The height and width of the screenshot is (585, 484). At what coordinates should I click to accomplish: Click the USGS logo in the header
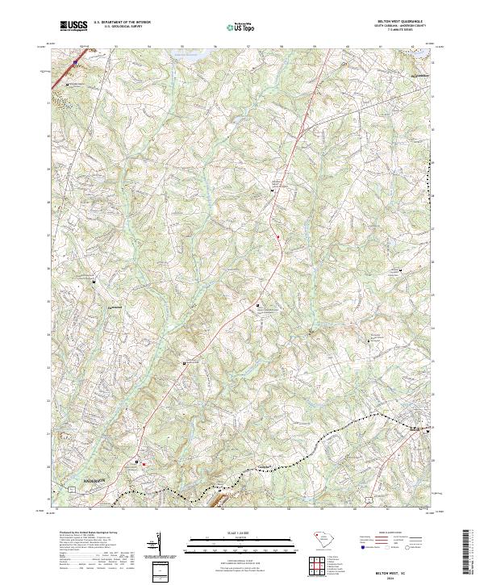coord(74,26)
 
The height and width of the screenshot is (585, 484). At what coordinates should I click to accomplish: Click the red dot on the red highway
coord(277,236)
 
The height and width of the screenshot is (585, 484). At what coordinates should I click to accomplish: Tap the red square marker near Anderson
coord(144,463)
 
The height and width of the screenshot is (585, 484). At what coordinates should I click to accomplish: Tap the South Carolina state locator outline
coord(323,537)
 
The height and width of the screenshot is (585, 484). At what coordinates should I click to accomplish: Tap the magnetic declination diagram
coord(157,542)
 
